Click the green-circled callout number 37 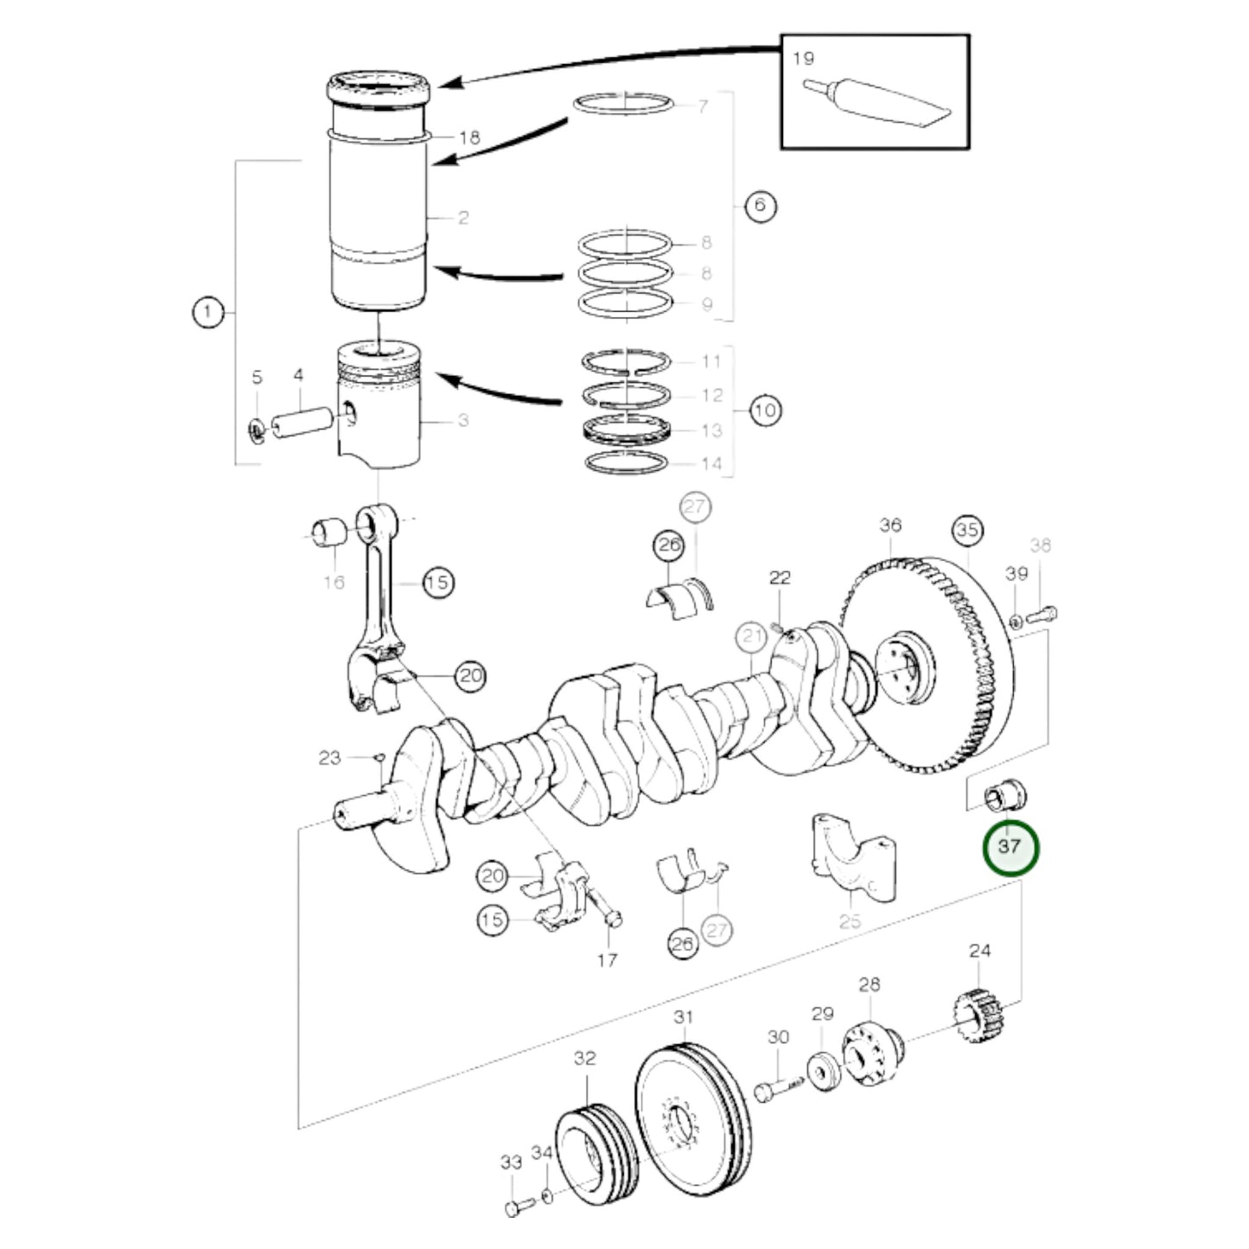[1010, 847]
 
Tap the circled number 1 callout [207, 312]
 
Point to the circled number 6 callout [760, 206]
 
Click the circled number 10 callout [764, 410]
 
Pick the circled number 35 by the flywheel [967, 530]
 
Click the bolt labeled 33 [514, 1206]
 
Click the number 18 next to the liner [469, 138]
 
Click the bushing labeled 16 [328, 532]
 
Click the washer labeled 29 [824, 1072]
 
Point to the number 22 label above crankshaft [780, 578]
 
